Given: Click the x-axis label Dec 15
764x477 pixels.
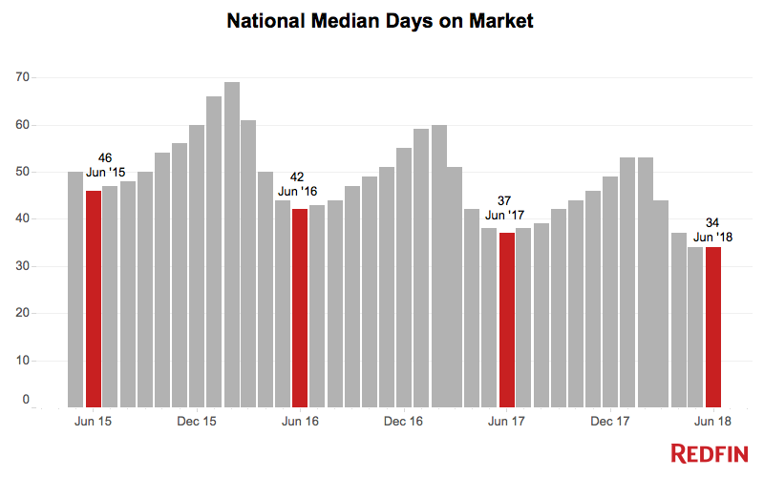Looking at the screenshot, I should pos(197,421).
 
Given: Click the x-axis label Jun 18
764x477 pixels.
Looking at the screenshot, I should pos(713,421).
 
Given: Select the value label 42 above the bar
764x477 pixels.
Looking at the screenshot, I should pos(297,177).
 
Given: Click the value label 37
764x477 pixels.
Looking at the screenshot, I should pos(506,200).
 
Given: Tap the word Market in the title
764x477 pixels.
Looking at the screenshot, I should pos(498,19).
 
